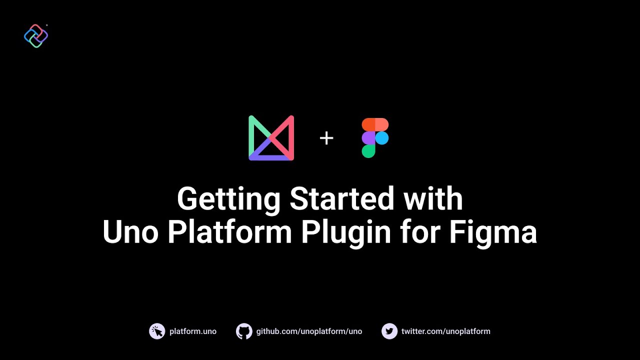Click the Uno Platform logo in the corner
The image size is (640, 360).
tap(36, 36)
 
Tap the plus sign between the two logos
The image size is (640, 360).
tap(326, 138)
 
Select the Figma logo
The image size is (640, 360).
tap(375, 138)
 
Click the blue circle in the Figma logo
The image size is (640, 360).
tap(382, 138)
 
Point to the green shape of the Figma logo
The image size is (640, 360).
tap(368, 151)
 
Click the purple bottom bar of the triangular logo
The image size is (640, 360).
tap(271, 157)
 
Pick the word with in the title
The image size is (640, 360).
tap(433, 198)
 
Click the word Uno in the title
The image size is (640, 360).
tap(131, 232)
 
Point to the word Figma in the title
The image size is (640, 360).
tap(493, 233)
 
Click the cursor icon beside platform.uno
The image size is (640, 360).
tap(157, 331)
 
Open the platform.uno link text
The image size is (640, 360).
tap(193, 331)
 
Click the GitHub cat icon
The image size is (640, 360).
tap(244, 331)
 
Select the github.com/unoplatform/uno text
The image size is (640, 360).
tap(309, 331)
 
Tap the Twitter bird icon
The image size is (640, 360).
tap(389, 331)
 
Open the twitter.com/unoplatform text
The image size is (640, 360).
tap(445, 331)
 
